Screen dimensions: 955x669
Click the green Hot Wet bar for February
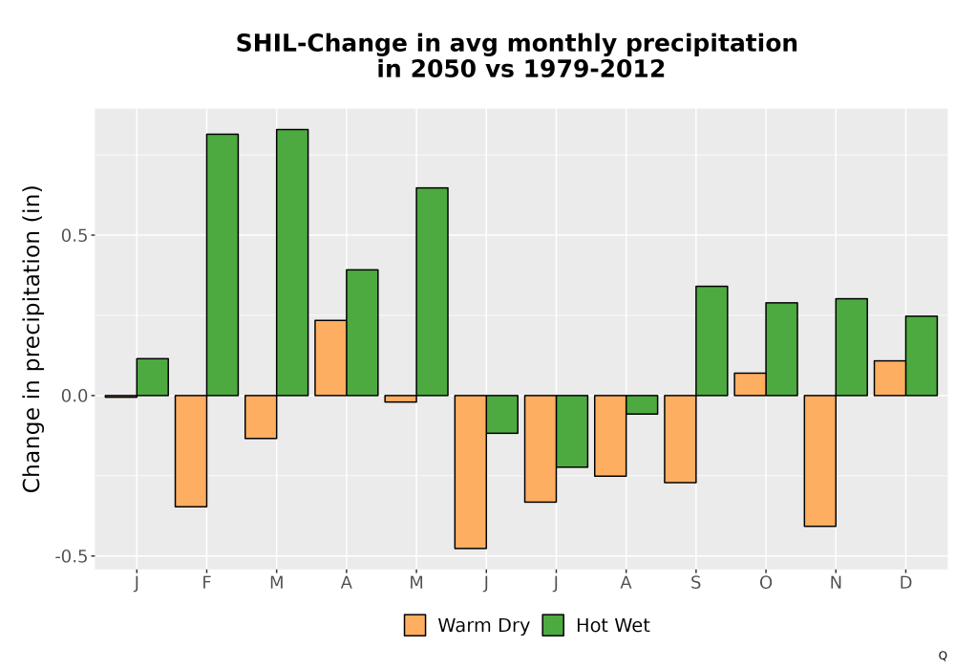(x=223, y=265)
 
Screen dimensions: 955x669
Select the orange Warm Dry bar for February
(x=191, y=451)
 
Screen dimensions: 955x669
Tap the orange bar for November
(x=819, y=461)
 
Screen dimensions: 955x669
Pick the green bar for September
(x=711, y=340)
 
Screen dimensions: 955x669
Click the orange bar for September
(x=680, y=439)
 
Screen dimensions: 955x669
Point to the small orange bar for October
(x=750, y=384)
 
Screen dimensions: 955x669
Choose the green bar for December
(x=922, y=356)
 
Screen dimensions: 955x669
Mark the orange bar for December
(x=890, y=378)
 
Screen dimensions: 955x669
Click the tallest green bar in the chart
(x=292, y=262)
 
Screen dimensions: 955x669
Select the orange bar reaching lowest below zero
(x=470, y=471)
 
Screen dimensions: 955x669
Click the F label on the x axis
(x=206, y=583)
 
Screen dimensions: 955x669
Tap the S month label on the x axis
(x=695, y=583)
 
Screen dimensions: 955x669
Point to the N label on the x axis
(x=836, y=583)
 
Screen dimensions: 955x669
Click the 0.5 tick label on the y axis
(x=74, y=235)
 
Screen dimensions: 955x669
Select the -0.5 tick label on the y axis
(x=72, y=556)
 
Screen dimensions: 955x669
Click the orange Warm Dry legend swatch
(x=414, y=625)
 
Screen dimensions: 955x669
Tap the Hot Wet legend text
(x=613, y=626)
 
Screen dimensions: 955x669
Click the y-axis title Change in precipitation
(x=32, y=338)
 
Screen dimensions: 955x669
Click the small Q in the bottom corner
(x=943, y=656)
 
